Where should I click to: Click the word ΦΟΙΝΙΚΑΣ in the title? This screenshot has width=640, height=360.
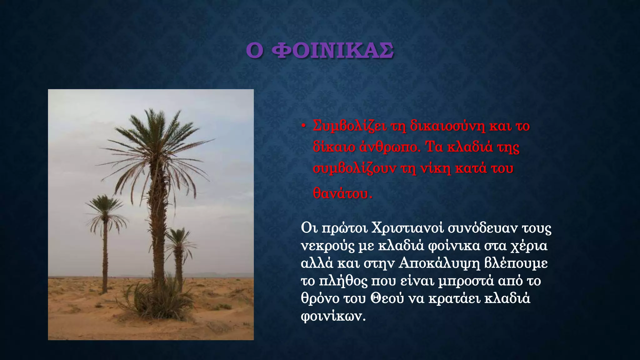click(x=332, y=51)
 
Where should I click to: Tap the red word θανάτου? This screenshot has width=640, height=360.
click(x=342, y=193)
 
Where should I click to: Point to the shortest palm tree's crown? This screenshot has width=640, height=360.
click(x=179, y=239)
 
